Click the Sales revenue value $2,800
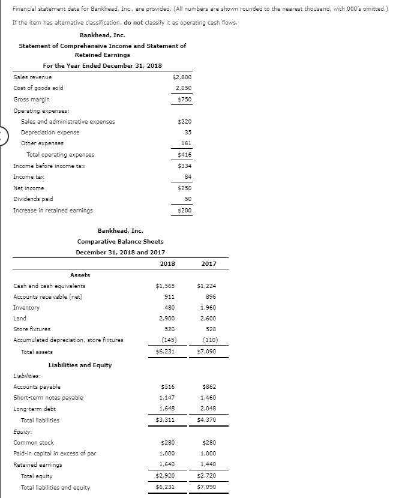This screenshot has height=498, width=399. click(x=181, y=77)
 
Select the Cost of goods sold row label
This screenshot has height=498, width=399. click(x=38, y=88)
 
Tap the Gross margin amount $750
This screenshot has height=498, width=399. click(x=184, y=99)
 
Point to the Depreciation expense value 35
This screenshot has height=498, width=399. click(x=187, y=132)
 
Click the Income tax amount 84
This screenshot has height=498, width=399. click(x=187, y=177)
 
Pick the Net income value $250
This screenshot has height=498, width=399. click(x=184, y=188)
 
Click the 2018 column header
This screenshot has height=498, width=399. click(x=167, y=263)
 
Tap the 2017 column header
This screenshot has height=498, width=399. click(x=209, y=263)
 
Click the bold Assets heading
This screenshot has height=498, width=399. click(x=80, y=275)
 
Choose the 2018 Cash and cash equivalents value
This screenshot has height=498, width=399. click(x=165, y=286)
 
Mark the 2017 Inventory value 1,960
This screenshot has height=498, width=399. click(x=208, y=308)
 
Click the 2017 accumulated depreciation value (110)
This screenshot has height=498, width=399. click(x=208, y=340)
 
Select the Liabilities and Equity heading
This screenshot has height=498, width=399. click(x=80, y=365)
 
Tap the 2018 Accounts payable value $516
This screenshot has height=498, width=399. click(x=167, y=387)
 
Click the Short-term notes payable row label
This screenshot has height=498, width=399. click(x=48, y=398)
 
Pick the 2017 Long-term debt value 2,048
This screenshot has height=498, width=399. click(x=208, y=409)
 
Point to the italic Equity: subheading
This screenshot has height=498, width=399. click(x=22, y=431)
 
